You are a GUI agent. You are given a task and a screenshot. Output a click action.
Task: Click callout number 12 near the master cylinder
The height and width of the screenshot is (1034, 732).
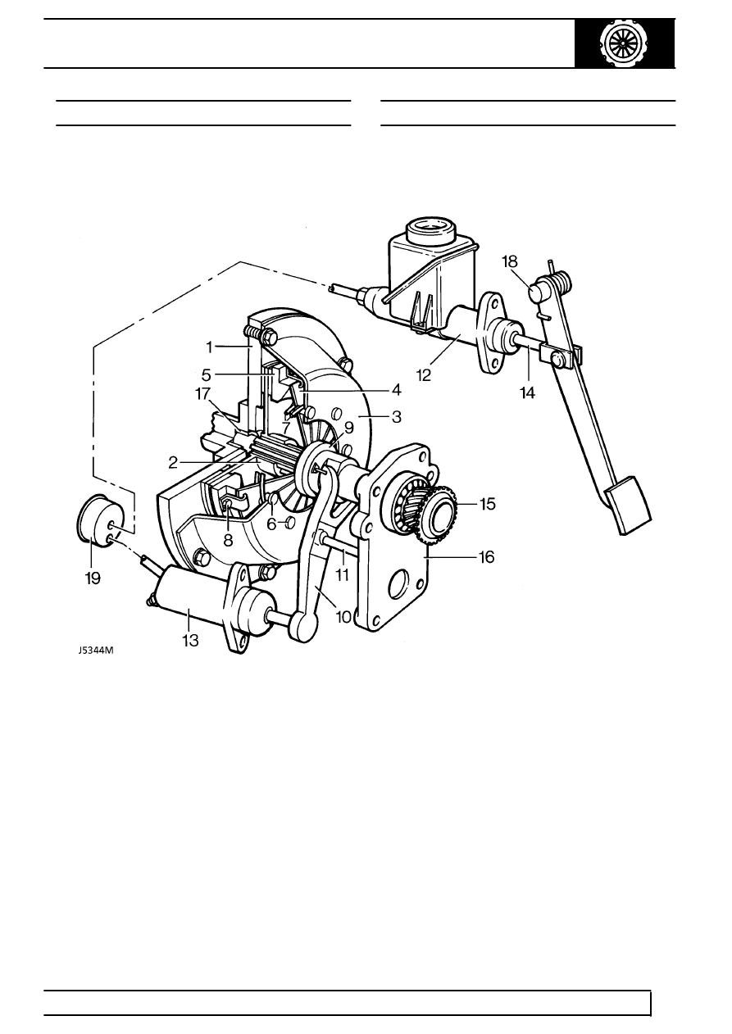[424, 375]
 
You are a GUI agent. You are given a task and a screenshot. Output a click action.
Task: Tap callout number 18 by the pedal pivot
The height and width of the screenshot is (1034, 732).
[509, 261]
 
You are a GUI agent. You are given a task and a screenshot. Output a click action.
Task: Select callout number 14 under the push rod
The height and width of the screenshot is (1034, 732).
[527, 392]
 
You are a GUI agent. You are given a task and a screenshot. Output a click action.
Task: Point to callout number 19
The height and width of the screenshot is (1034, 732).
[93, 578]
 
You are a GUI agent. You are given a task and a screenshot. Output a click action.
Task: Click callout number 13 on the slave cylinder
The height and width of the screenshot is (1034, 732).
[190, 641]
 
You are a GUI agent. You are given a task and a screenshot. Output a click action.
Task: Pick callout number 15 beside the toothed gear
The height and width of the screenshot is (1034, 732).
[487, 504]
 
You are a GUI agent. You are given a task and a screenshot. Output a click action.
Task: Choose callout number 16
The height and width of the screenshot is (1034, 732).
[487, 557]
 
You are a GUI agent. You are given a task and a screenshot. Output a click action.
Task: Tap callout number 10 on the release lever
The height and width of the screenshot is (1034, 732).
[344, 617]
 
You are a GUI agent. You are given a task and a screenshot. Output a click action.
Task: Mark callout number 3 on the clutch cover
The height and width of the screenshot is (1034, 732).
[396, 417]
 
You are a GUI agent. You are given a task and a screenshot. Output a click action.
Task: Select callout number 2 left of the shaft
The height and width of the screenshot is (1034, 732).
[173, 463]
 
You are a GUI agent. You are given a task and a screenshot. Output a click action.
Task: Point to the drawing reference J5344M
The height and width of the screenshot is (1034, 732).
[96, 651]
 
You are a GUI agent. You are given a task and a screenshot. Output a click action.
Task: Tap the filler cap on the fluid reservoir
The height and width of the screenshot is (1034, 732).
[431, 231]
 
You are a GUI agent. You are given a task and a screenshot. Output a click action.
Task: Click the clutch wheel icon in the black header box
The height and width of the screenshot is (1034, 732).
[625, 43]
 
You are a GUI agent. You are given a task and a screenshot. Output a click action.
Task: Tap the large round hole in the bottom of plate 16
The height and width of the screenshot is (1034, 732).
[399, 585]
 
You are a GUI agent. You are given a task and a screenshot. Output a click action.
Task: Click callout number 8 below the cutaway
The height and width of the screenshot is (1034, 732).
[228, 540]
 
